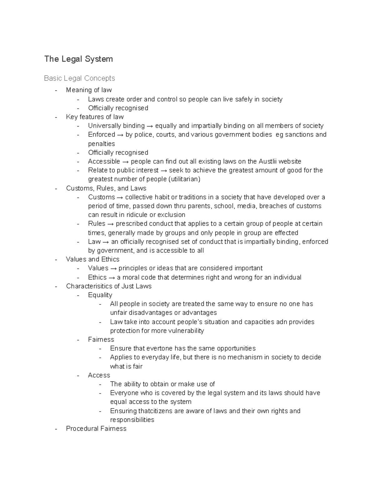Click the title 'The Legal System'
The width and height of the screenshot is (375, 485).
click(x=78, y=59)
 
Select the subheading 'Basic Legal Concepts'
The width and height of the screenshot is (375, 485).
click(x=79, y=78)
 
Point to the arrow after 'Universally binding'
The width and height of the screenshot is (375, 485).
click(x=150, y=126)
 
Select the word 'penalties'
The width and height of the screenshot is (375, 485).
click(x=102, y=144)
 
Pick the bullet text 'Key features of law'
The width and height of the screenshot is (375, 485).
click(x=95, y=117)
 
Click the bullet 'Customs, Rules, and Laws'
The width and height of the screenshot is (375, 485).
click(x=106, y=188)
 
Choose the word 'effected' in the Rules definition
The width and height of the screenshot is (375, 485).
click(x=286, y=233)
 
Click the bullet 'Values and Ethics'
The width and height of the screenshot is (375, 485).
click(x=92, y=259)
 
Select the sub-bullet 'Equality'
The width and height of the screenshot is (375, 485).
click(x=100, y=295)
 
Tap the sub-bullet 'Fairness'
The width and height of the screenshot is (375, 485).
click(x=101, y=339)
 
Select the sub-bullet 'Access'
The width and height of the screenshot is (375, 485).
click(x=99, y=375)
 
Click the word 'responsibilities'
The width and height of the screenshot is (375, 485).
click(x=132, y=420)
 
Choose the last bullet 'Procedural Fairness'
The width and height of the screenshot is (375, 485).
click(x=96, y=429)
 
